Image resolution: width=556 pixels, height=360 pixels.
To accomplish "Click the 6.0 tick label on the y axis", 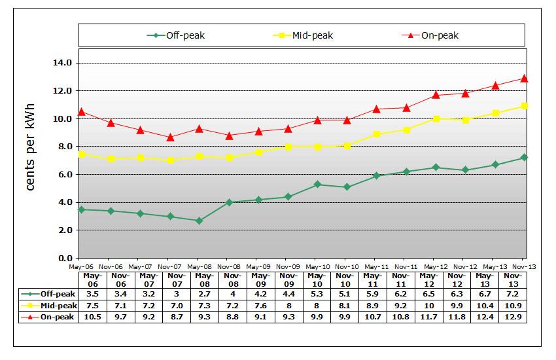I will (x=63, y=174).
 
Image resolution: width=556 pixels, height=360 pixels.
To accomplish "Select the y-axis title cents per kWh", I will (x=30, y=147).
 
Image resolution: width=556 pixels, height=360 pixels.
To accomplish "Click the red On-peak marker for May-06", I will (x=81, y=112).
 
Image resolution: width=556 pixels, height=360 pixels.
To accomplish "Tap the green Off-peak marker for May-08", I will (x=199, y=221).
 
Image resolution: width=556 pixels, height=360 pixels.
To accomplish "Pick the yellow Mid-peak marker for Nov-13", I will (x=525, y=106).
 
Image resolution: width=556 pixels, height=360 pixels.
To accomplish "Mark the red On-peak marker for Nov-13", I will (x=525, y=79).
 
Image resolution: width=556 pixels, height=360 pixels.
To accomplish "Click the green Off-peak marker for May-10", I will (x=317, y=185).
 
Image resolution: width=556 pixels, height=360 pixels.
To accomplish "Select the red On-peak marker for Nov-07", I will (x=169, y=137).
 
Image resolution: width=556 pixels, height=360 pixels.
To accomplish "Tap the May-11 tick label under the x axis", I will (x=375, y=266).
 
